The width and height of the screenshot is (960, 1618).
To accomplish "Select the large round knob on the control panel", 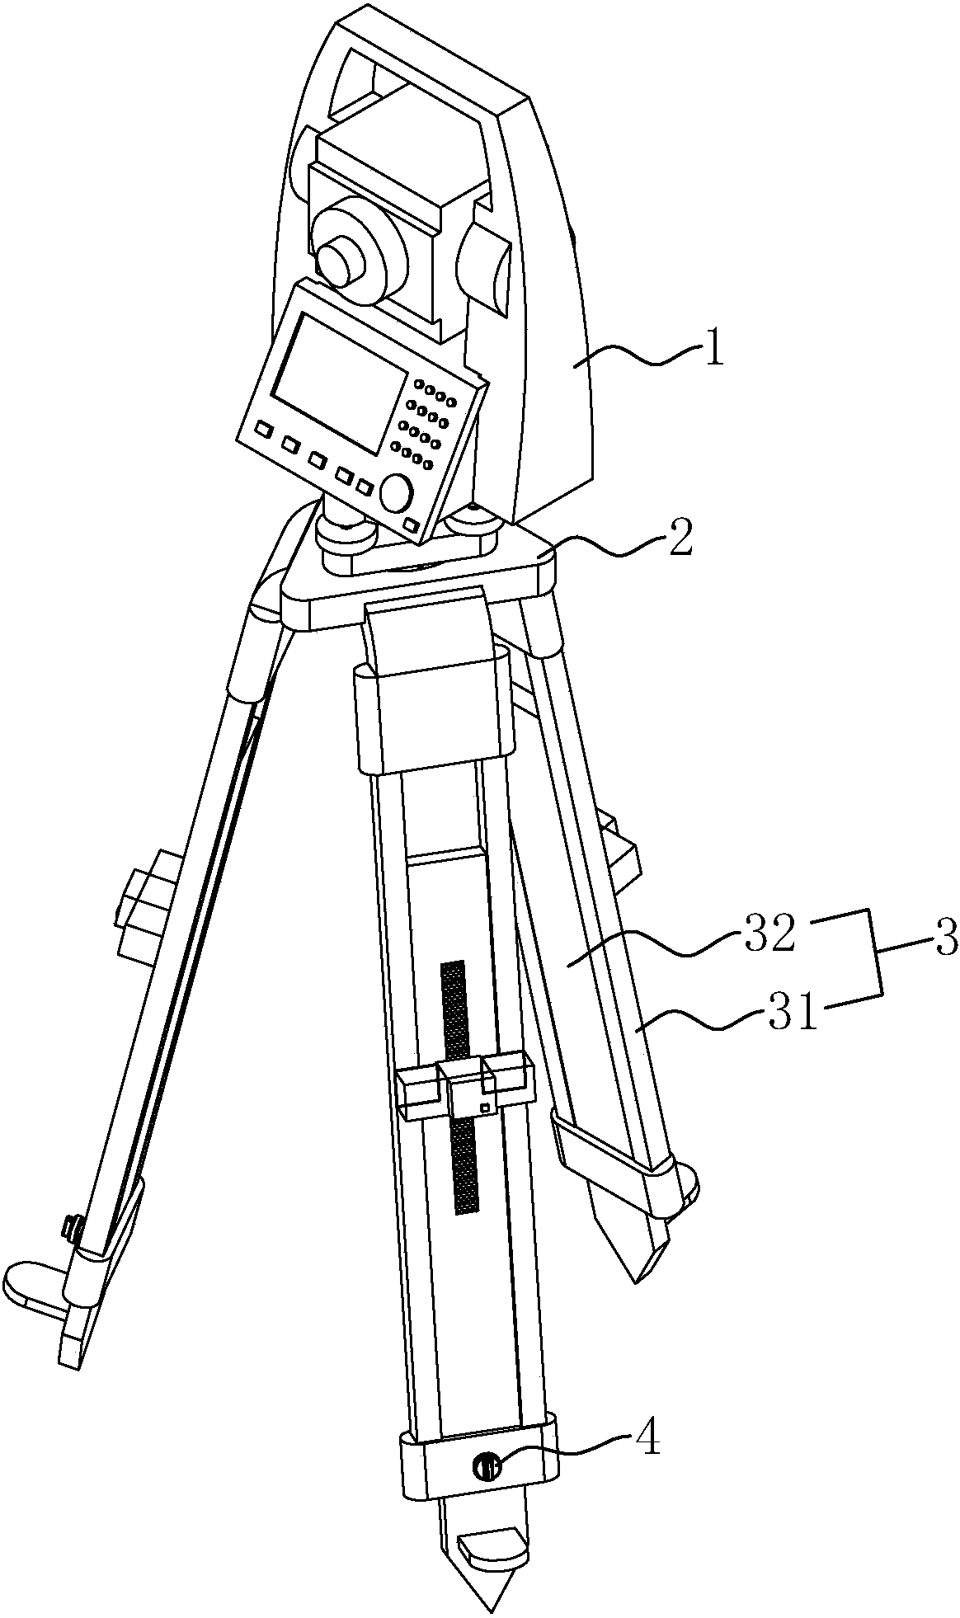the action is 397,492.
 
